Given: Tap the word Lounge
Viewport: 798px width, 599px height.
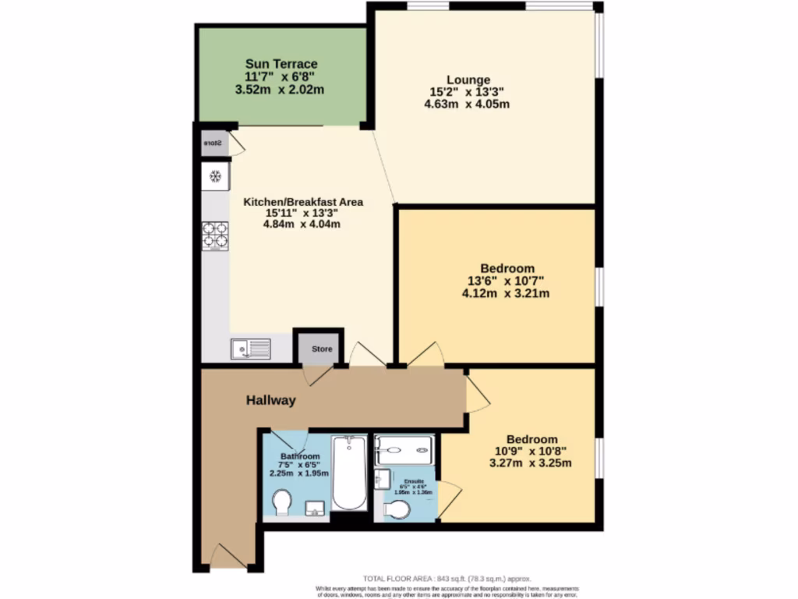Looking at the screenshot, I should tap(468, 80).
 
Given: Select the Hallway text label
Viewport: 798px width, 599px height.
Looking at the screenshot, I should tap(271, 401).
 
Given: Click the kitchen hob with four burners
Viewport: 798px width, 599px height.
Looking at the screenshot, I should tap(215, 235).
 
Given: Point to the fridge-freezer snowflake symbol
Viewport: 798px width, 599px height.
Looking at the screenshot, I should tap(215, 176).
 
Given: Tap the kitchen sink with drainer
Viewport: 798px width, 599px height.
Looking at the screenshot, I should tap(250, 349).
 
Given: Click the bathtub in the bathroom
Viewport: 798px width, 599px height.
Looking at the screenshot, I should tap(348, 473).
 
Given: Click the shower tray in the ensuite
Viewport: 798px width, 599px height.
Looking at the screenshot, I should tap(403, 449).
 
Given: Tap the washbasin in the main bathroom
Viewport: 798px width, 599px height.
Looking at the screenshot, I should tap(316, 509).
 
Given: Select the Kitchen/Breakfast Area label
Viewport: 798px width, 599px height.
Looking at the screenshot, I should tap(303, 201).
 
